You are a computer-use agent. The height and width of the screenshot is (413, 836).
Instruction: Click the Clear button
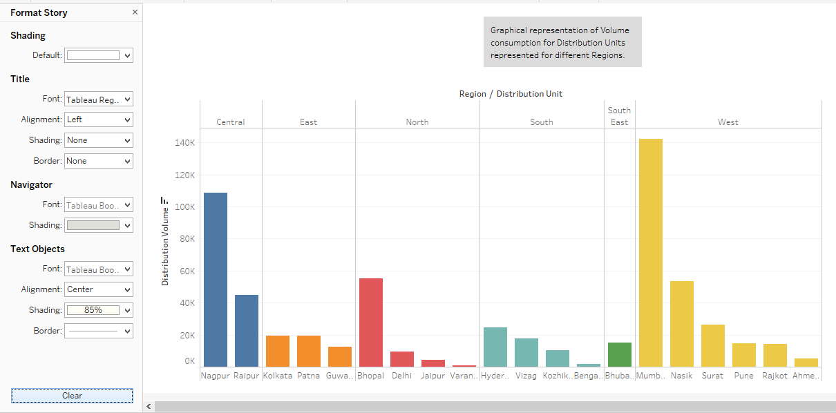tap(72, 396)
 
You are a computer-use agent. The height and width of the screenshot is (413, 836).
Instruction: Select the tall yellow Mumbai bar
tap(651, 253)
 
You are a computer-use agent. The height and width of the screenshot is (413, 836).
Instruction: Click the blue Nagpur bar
tap(216, 280)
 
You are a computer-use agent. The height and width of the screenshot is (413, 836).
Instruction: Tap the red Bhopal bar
tap(371, 323)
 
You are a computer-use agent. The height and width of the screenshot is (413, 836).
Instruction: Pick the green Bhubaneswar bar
tap(620, 354)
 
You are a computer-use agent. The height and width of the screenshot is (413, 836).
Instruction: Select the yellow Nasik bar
tap(682, 324)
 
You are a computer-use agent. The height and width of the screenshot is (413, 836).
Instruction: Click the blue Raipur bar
tap(247, 331)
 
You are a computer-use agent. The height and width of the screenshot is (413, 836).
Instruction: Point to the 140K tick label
tap(185, 143)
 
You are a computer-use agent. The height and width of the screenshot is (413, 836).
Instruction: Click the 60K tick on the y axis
tap(187, 271)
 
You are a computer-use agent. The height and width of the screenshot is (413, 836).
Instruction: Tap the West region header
tap(728, 122)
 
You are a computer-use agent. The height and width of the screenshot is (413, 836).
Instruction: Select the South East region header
tap(619, 116)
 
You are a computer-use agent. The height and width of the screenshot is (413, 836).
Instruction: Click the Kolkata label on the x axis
tap(278, 376)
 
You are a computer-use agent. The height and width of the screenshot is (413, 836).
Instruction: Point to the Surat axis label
tap(713, 376)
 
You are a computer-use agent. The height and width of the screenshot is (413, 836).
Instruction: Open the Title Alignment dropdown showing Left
tap(98, 119)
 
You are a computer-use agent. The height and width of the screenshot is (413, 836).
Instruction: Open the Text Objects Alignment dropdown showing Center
tap(98, 289)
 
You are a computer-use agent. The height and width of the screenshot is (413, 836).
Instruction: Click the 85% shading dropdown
tap(98, 310)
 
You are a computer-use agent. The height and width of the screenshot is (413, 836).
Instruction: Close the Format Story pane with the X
tap(135, 12)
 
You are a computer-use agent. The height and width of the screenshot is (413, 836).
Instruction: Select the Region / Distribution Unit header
tap(511, 94)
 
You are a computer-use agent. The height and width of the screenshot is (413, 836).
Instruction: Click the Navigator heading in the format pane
tap(31, 184)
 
